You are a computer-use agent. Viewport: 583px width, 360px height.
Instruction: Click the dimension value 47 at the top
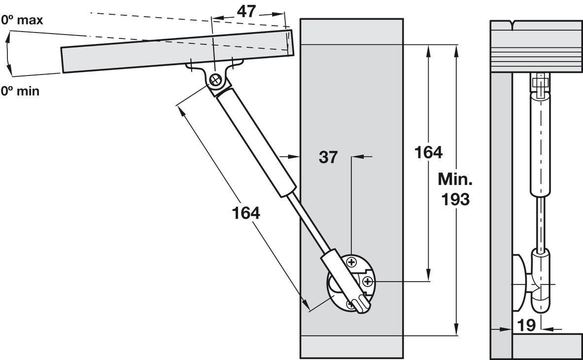point(246,11)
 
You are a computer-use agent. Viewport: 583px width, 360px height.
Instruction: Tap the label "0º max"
point(22,20)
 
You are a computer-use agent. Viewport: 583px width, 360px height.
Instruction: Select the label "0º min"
point(20,91)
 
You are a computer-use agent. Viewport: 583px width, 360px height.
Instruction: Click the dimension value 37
point(328,157)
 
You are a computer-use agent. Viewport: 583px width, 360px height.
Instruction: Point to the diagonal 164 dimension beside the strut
point(246,213)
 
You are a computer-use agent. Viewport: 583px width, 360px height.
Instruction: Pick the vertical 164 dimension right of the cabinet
point(428,152)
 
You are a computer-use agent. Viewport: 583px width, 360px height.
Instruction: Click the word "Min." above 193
point(455,180)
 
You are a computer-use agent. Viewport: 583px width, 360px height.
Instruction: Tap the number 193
point(455,199)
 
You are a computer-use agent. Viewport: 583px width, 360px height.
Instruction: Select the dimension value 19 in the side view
point(526,325)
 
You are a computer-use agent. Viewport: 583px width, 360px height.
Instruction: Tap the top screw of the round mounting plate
point(351,262)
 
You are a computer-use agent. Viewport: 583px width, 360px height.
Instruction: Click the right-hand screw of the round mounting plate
point(368,281)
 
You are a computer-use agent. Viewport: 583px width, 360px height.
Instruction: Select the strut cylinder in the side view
point(540,145)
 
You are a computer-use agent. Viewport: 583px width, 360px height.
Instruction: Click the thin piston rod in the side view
point(541,222)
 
